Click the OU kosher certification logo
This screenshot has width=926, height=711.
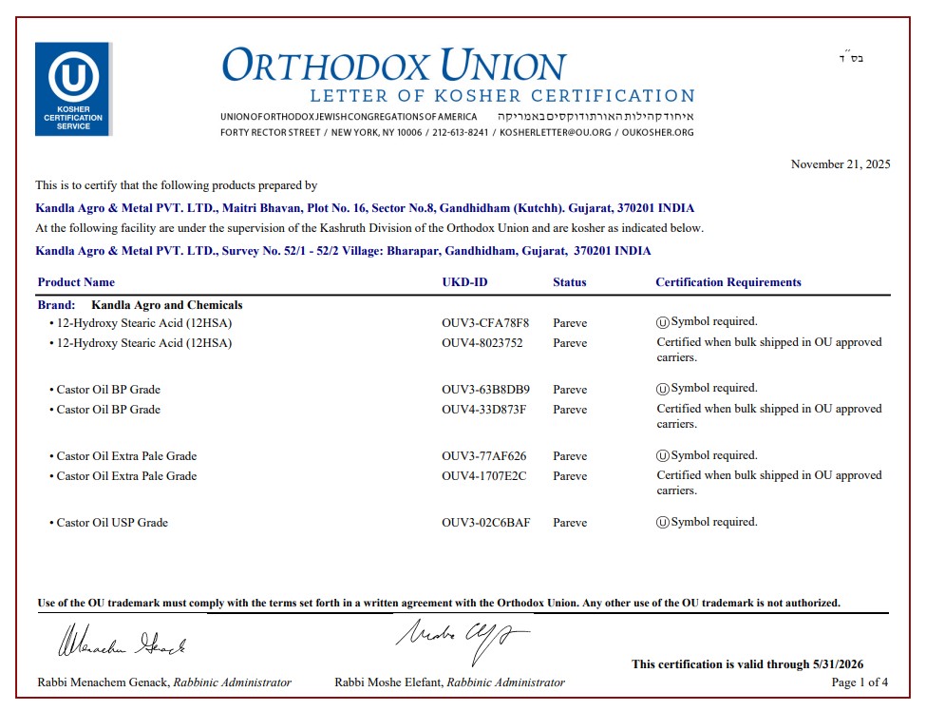(x=73, y=88)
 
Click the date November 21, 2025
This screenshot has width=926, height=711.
(x=841, y=164)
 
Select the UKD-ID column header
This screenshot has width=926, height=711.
(x=464, y=282)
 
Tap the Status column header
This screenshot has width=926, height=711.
(x=570, y=282)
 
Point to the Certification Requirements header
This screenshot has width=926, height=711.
(x=728, y=282)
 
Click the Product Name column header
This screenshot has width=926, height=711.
(x=76, y=282)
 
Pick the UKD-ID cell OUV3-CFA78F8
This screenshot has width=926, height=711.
(x=485, y=323)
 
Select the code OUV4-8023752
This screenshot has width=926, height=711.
(x=482, y=343)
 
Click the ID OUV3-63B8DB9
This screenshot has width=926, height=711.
(x=485, y=390)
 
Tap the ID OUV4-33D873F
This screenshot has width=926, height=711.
(x=484, y=410)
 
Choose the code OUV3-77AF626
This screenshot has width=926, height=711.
(x=484, y=456)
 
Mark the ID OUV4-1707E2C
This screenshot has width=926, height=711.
(x=484, y=476)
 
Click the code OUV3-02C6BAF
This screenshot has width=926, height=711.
(x=485, y=523)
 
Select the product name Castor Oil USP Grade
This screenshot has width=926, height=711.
(x=112, y=523)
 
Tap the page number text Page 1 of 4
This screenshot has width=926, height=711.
(x=860, y=682)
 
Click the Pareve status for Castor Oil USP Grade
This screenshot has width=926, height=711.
(x=570, y=523)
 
